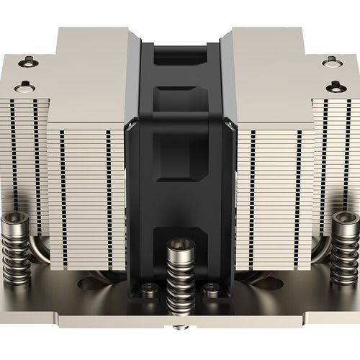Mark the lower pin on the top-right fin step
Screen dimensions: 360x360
click(336, 86)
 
